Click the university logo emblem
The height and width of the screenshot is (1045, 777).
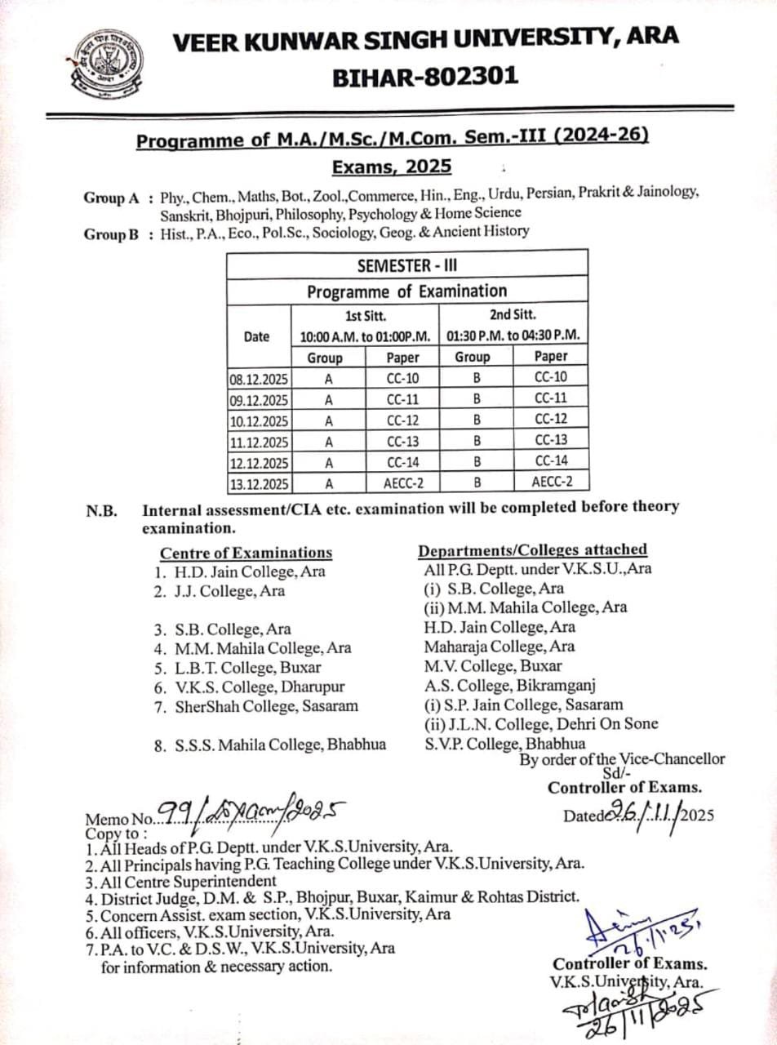(107, 64)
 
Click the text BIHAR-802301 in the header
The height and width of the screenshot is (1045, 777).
(424, 77)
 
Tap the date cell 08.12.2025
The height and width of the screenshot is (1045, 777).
(259, 378)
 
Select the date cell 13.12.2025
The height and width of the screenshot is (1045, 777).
(259, 484)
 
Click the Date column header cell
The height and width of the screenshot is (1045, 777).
(257, 336)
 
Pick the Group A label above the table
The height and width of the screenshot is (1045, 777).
(113, 198)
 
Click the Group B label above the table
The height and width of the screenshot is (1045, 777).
(113, 233)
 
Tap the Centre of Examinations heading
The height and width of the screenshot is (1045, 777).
(246, 553)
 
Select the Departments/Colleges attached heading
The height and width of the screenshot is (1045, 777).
(532, 549)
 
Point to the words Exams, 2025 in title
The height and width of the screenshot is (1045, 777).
(392, 167)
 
